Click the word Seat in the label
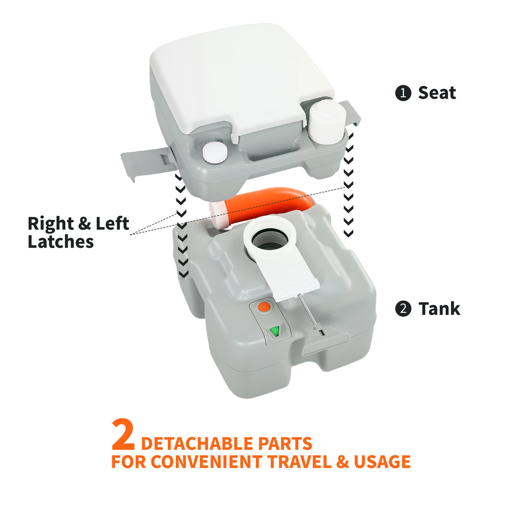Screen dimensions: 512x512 437,92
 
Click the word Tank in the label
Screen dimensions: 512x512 439,309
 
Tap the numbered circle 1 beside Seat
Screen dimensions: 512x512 403,93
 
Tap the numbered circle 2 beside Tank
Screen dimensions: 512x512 403,309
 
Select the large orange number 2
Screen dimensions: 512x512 123,435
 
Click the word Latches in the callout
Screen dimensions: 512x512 61,241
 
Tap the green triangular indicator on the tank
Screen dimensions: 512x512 274,331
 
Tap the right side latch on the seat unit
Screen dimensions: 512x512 351,112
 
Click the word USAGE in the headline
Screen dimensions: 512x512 382,461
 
